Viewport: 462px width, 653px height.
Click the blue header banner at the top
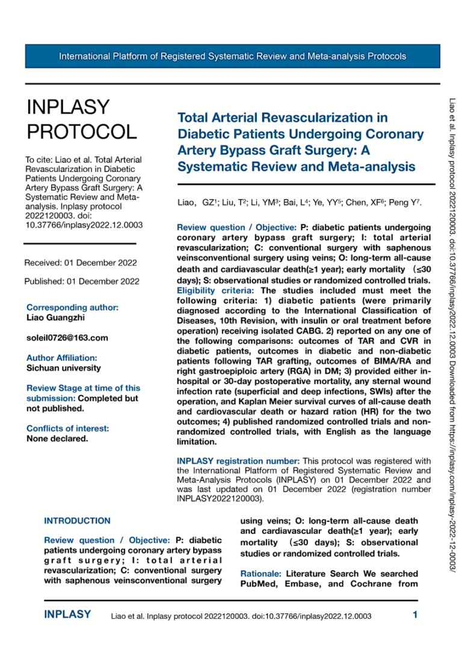[232, 57]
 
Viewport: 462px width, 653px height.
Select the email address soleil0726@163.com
[67, 338]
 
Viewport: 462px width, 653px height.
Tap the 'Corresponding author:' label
[72, 307]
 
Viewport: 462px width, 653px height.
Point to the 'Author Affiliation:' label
[62, 358]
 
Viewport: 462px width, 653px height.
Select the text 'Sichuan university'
[64, 367]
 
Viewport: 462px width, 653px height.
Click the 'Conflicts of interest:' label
[68, 429]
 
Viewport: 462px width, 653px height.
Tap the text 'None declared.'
[57, 438]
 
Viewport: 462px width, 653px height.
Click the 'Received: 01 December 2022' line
[80, 263]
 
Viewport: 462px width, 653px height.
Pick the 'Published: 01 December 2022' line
[82, 281]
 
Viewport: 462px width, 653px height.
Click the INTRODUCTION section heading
[78, 521]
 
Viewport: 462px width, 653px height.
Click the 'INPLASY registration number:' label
[238, 461]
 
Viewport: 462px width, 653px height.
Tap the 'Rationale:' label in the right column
[260, 574]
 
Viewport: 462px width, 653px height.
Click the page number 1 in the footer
[414, 615]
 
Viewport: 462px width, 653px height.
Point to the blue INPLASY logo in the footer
[67, 615]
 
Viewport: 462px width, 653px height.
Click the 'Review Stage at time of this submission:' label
[83, 393]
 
